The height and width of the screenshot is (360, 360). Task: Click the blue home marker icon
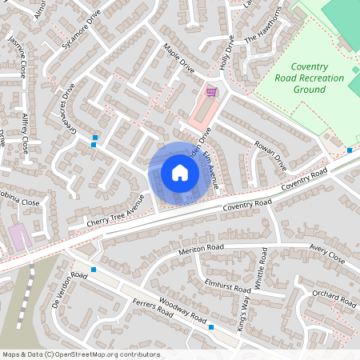pyautogui.click(x=179, y=173)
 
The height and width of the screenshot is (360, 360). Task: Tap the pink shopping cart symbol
pyautogui.click(x=210, y=92)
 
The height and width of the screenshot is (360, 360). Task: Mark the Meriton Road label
pyautogui.click(x=201, y=249)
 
